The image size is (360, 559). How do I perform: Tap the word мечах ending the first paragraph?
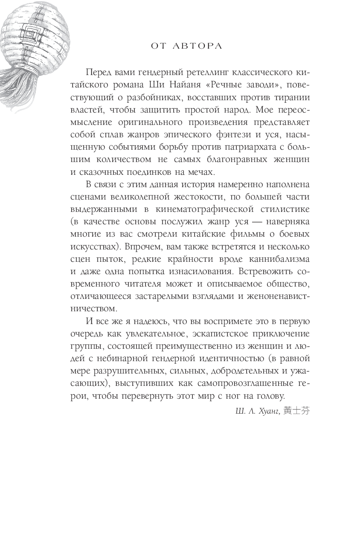coord(201,172)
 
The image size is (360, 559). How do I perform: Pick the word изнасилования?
coord(200,272)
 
